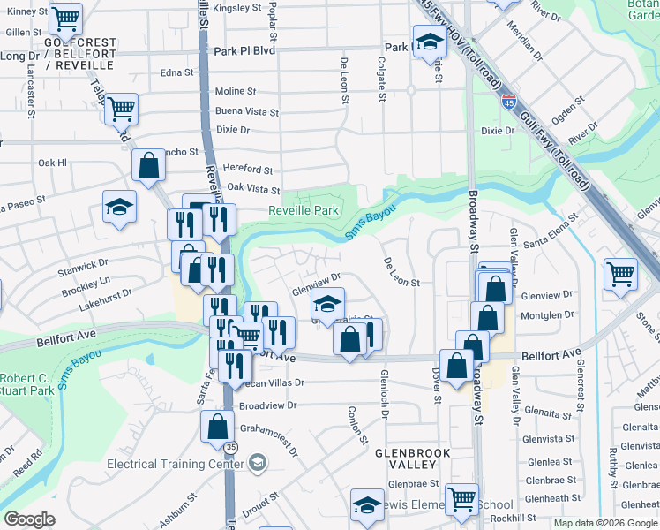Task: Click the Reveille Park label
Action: coord(304,211)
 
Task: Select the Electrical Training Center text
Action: coord(176,464)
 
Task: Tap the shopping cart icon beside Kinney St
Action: coord(65,18)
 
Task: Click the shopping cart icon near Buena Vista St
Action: coord(122,110)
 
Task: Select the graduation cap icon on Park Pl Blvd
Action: coord(430,42)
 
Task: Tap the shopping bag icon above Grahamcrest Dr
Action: coord(218,427)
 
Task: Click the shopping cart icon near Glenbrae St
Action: coord(461,498)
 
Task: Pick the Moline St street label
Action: coord(236,91)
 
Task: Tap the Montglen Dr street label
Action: coord(547,314)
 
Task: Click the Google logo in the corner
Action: coord(29,519)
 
